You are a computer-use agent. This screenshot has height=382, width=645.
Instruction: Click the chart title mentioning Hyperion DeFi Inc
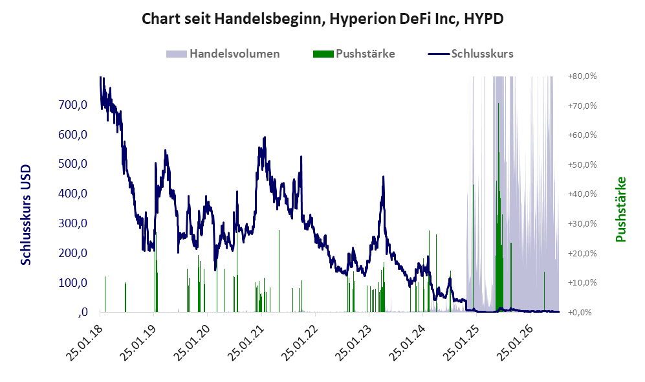click(x=322, y=19)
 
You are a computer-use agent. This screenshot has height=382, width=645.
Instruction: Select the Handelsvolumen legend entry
click(x=223, y=54)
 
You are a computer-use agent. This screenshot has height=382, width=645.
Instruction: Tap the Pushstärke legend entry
click(x=354, y=54)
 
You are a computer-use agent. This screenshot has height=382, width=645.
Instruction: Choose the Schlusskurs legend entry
click(x=470, y=54)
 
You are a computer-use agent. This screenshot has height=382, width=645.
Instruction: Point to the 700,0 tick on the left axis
click(x=73, y=104)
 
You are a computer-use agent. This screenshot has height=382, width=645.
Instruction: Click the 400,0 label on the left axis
click(x=73, y=193)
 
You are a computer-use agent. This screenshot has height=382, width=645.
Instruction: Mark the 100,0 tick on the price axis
click(x=73, y=282)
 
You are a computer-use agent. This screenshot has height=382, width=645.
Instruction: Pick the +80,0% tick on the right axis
click(x=582, y=76)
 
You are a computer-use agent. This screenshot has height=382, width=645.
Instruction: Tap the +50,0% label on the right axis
click(x=582, y=164)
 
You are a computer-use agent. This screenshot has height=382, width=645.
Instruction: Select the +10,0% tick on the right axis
click(x=582, y=283)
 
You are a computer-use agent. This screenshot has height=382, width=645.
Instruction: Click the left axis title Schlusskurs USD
click(x=26, y=214)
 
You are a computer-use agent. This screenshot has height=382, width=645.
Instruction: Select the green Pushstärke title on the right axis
click(x=620, y=209)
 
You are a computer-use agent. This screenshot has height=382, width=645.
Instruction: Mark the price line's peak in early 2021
click(x=265, y=137)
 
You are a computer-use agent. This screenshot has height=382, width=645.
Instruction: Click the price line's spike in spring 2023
click(x=384, y=177)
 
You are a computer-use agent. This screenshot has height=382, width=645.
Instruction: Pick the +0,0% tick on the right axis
click(x=582, y=313)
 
